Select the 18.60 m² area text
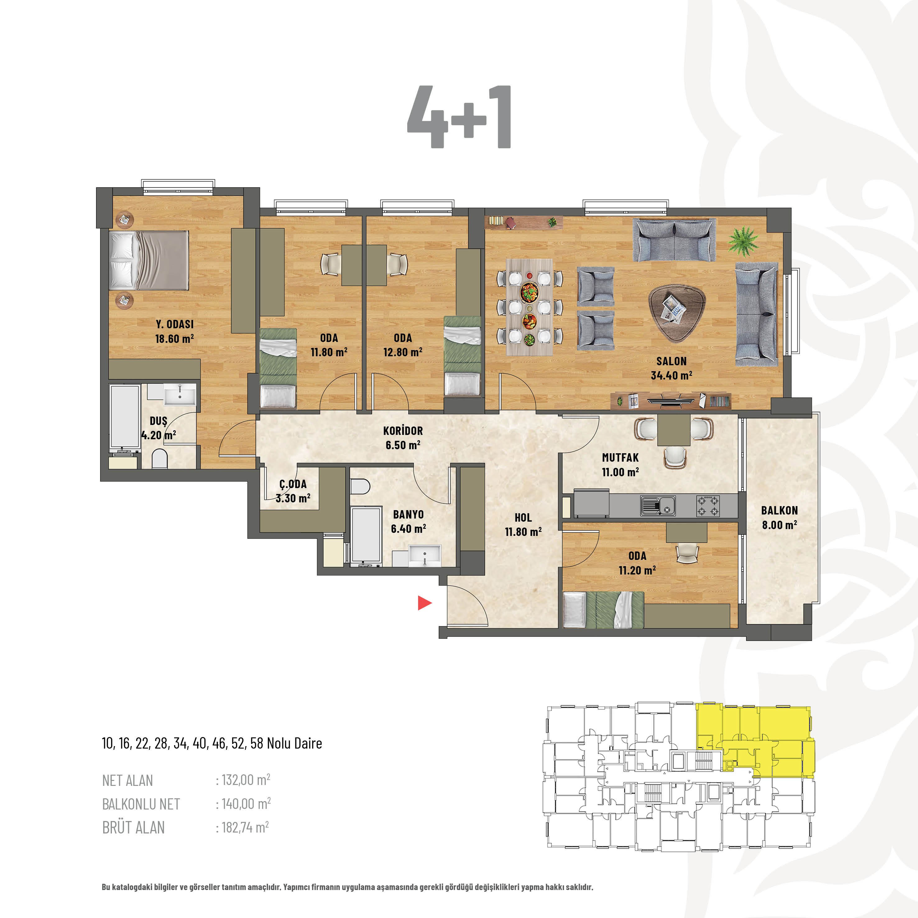(x=174, y=339)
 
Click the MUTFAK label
(x=620, y=458)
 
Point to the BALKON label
(x=779, y=510)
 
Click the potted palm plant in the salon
(x=743, y=240)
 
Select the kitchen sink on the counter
(x=657, y=505)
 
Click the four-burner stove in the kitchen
(x=708, y=505)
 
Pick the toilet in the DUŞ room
(x=160, y=459)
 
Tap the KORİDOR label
(x=403, y=431)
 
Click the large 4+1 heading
(x=459, y=117)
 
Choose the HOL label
(x=523, y=518)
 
